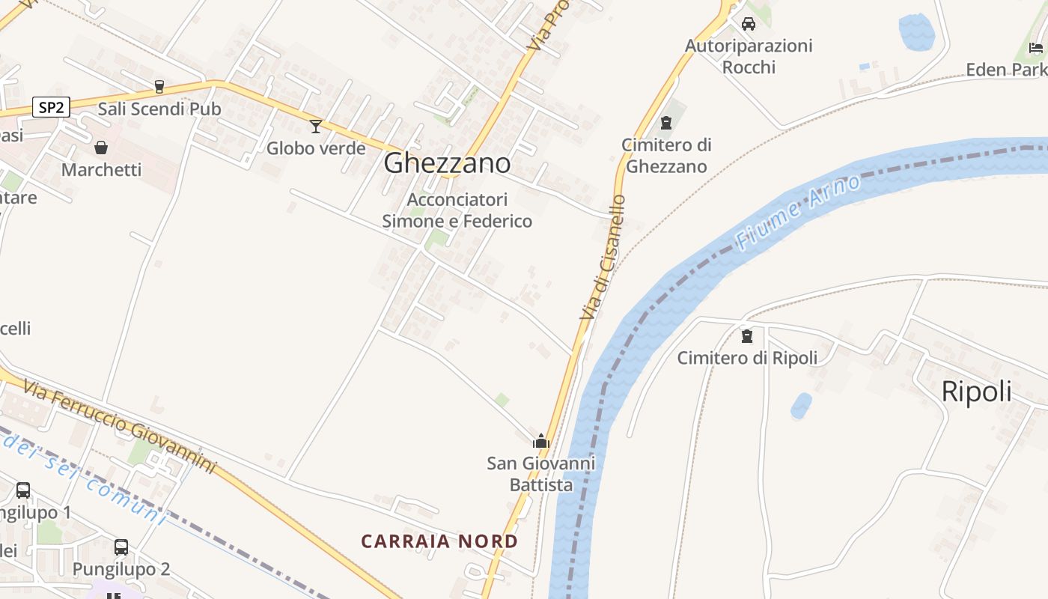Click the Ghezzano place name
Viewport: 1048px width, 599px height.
click(447, 163)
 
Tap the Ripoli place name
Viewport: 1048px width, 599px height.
click(976, 392)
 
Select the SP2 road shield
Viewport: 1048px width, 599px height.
click(51, 107)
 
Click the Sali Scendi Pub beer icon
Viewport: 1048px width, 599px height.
click(159, 87)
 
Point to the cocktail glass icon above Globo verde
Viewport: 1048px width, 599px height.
click(316, 126)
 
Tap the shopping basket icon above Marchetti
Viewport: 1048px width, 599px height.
click(101, 148)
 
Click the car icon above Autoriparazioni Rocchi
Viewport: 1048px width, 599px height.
click(748, 24)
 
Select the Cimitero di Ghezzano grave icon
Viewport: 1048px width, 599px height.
click(666, 123)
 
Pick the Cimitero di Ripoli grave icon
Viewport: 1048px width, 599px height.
click(746, 336)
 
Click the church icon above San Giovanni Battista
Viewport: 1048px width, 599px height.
click(541, 441)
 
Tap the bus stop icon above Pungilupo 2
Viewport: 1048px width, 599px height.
click(121, 547)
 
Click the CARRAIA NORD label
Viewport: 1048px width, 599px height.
click(439, 541)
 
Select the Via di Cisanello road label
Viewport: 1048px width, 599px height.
click(603, 257)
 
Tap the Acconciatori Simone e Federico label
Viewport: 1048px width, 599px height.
click(457, 210)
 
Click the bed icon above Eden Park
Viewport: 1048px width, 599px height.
click(1036, 48)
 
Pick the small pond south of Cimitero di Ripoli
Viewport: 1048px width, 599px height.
click(801, 405)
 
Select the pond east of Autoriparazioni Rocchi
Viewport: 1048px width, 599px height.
click(916, 32)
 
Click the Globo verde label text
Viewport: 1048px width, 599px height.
click(316, 148)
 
